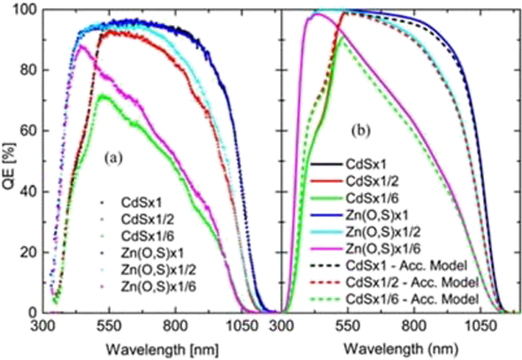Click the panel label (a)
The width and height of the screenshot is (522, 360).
[x=115, y=159]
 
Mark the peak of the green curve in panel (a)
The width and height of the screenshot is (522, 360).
[x=106, y=95]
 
